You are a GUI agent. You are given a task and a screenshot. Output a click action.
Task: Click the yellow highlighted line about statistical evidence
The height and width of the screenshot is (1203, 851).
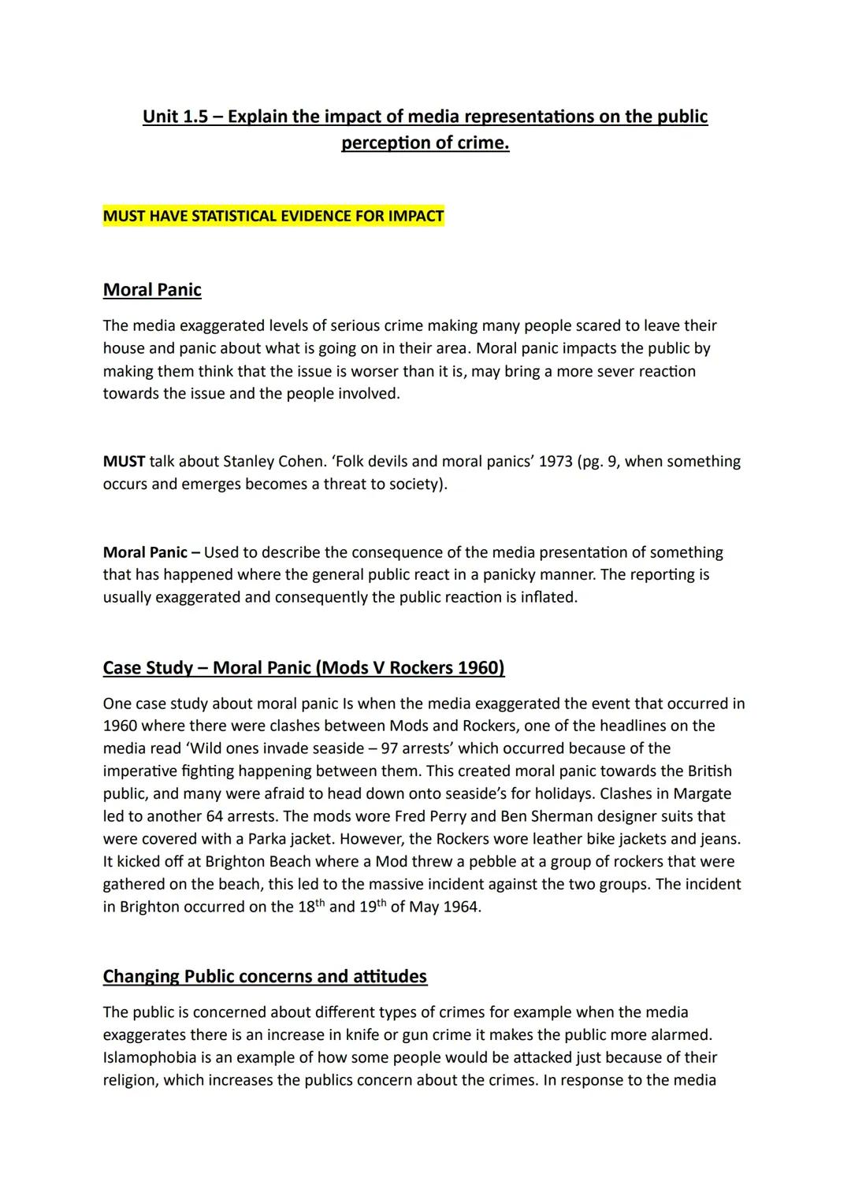(273, 216)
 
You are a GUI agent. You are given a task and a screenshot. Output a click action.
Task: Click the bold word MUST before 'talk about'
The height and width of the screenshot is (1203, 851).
(124, 461)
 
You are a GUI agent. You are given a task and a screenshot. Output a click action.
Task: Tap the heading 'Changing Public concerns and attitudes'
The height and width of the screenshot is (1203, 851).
(265, 976)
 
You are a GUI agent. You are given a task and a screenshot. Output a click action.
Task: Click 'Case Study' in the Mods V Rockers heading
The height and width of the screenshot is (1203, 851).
(147, 668)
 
